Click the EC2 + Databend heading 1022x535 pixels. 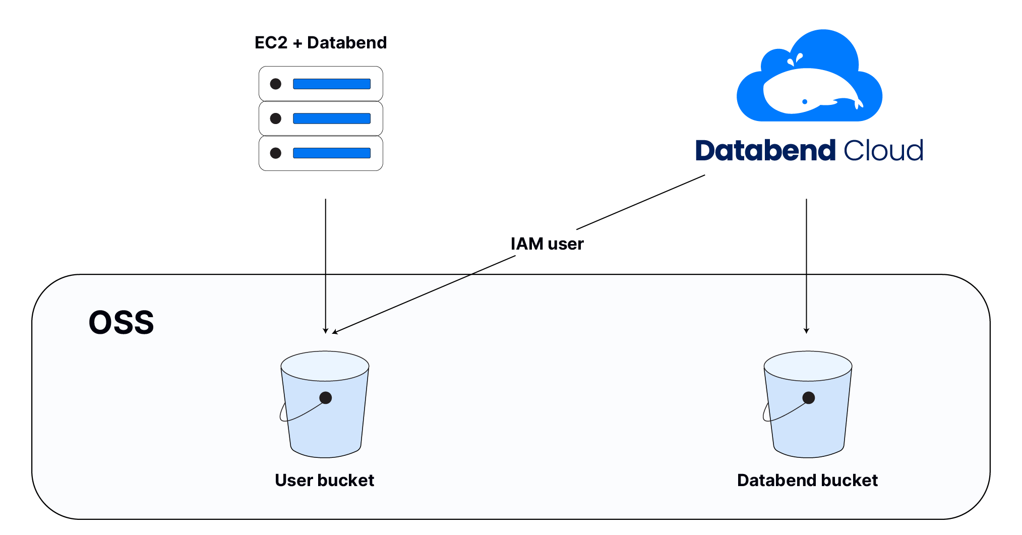(x=321, y=43)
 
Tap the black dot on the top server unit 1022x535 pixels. (x=276, y=84)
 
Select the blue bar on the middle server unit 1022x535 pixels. (x=332, y=118)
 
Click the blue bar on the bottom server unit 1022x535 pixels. (x=332, y=153)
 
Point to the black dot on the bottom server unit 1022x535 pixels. (x=276, y=153)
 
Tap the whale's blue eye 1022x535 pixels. (x=805, y=102)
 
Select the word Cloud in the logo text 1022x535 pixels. (x=883, y=151)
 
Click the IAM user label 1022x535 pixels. (x=547, y=244)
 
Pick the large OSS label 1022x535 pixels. (x=122, y=323)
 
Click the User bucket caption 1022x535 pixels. (x=324, y=481)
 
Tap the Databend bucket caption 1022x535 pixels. (x=807, y=481)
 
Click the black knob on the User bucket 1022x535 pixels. (x=326, y=398)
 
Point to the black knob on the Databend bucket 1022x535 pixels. (x=809, y=398)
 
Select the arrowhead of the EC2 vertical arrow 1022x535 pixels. (x=326, y=331)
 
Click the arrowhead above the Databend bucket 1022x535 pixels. (x=807, y=331)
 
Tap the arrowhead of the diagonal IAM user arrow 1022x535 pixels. (x=334, y=332)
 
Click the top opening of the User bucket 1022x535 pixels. (x=325, y=366)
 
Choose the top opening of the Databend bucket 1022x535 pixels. (x=808, y=366)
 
